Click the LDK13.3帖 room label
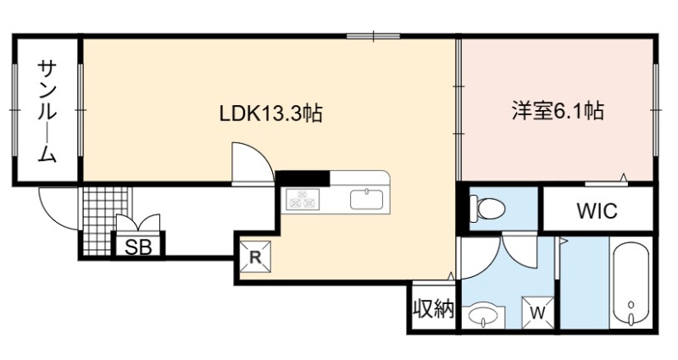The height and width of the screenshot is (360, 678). pyautogui.click(x=270, y=114)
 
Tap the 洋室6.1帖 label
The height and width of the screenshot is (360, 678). pyautogui.click(x=558, y=111)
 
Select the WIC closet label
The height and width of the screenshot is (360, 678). pyautogui.click(x=597, y=211)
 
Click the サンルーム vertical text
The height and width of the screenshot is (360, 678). pyautogui.click(x=47, y=111)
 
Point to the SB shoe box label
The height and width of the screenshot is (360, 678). pyautogui.click(x=138, y=247)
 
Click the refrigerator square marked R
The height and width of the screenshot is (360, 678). pyautogui.click(x=256, y=257)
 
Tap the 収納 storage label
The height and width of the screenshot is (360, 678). pyautogui.click(x=432, y=308)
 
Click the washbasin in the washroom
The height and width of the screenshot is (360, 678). pyautogui.click(x=483, y=314)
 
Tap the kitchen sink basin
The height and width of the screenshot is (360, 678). pyautogui.click(x=367, y=199)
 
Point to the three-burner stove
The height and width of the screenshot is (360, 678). pyautogui.click(x=303, y=199)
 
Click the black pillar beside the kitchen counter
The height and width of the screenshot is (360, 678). pyautogui.click(x=303, y=178)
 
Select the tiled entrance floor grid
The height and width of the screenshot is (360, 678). pyautogui.click(x=105, y=220)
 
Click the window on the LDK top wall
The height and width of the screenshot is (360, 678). pyautogui.click(x=374, y=36)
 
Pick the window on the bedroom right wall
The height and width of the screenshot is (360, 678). pyautogui.click(x=655, y=110)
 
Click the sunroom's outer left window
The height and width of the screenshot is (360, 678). pyautogui.click(x=15, y=110)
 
